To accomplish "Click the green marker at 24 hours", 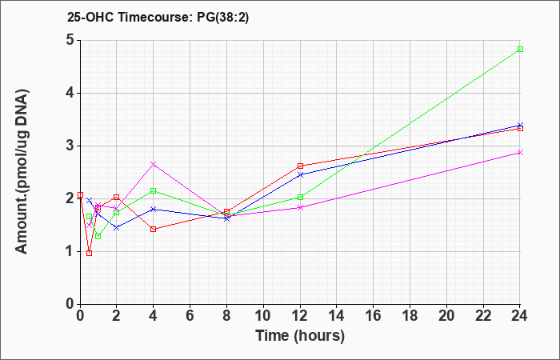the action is (x=520, y=50).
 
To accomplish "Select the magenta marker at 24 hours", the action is (x=520, y=153).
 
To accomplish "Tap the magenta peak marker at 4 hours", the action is (x=154, y=164).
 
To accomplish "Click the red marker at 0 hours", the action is (x=80, y=194).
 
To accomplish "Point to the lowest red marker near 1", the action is (x=90, y=254).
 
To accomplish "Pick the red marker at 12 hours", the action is (x=300, y=166).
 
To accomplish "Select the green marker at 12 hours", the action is (x=300, y=197).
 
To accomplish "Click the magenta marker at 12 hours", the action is (x=300, y=207).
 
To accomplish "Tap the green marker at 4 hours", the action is (x=154, y=190).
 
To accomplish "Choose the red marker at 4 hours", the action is (x=154, y=230).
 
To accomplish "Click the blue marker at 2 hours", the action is (x=117, y=227).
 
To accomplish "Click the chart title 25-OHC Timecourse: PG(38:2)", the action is (x=158, y=17).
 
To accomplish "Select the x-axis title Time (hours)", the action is (x=300, y=336).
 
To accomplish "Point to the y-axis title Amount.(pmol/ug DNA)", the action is (x=22, y=172).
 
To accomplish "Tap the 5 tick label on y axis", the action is (x=70, y=40).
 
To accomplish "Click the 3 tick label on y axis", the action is (x=70, y=146).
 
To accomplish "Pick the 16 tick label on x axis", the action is (x=374, y=316).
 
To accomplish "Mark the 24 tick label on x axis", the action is (x=520, y=316).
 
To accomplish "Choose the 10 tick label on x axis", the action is (x=263, y=316).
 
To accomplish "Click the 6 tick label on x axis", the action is (x=190, y=316).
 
